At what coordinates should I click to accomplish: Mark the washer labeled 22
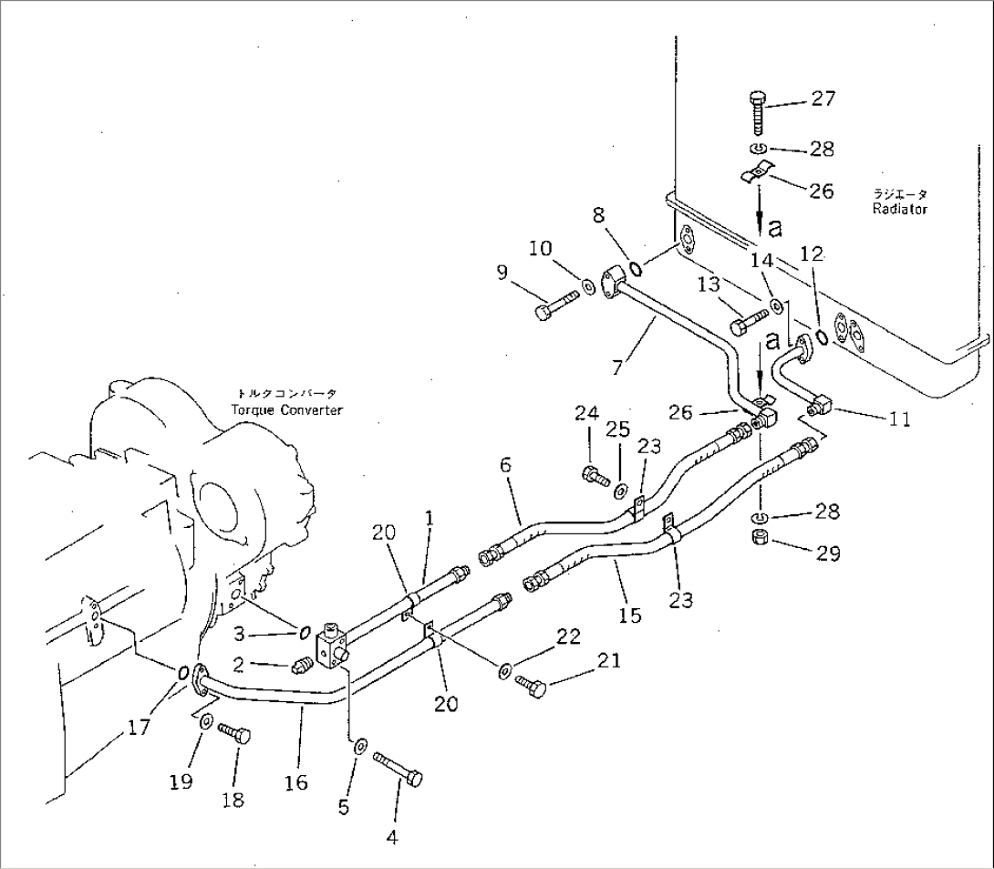(x=504, y=672)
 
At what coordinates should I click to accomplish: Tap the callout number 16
(x=295, y=781)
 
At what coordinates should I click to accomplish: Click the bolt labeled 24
(x=594, y=474)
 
